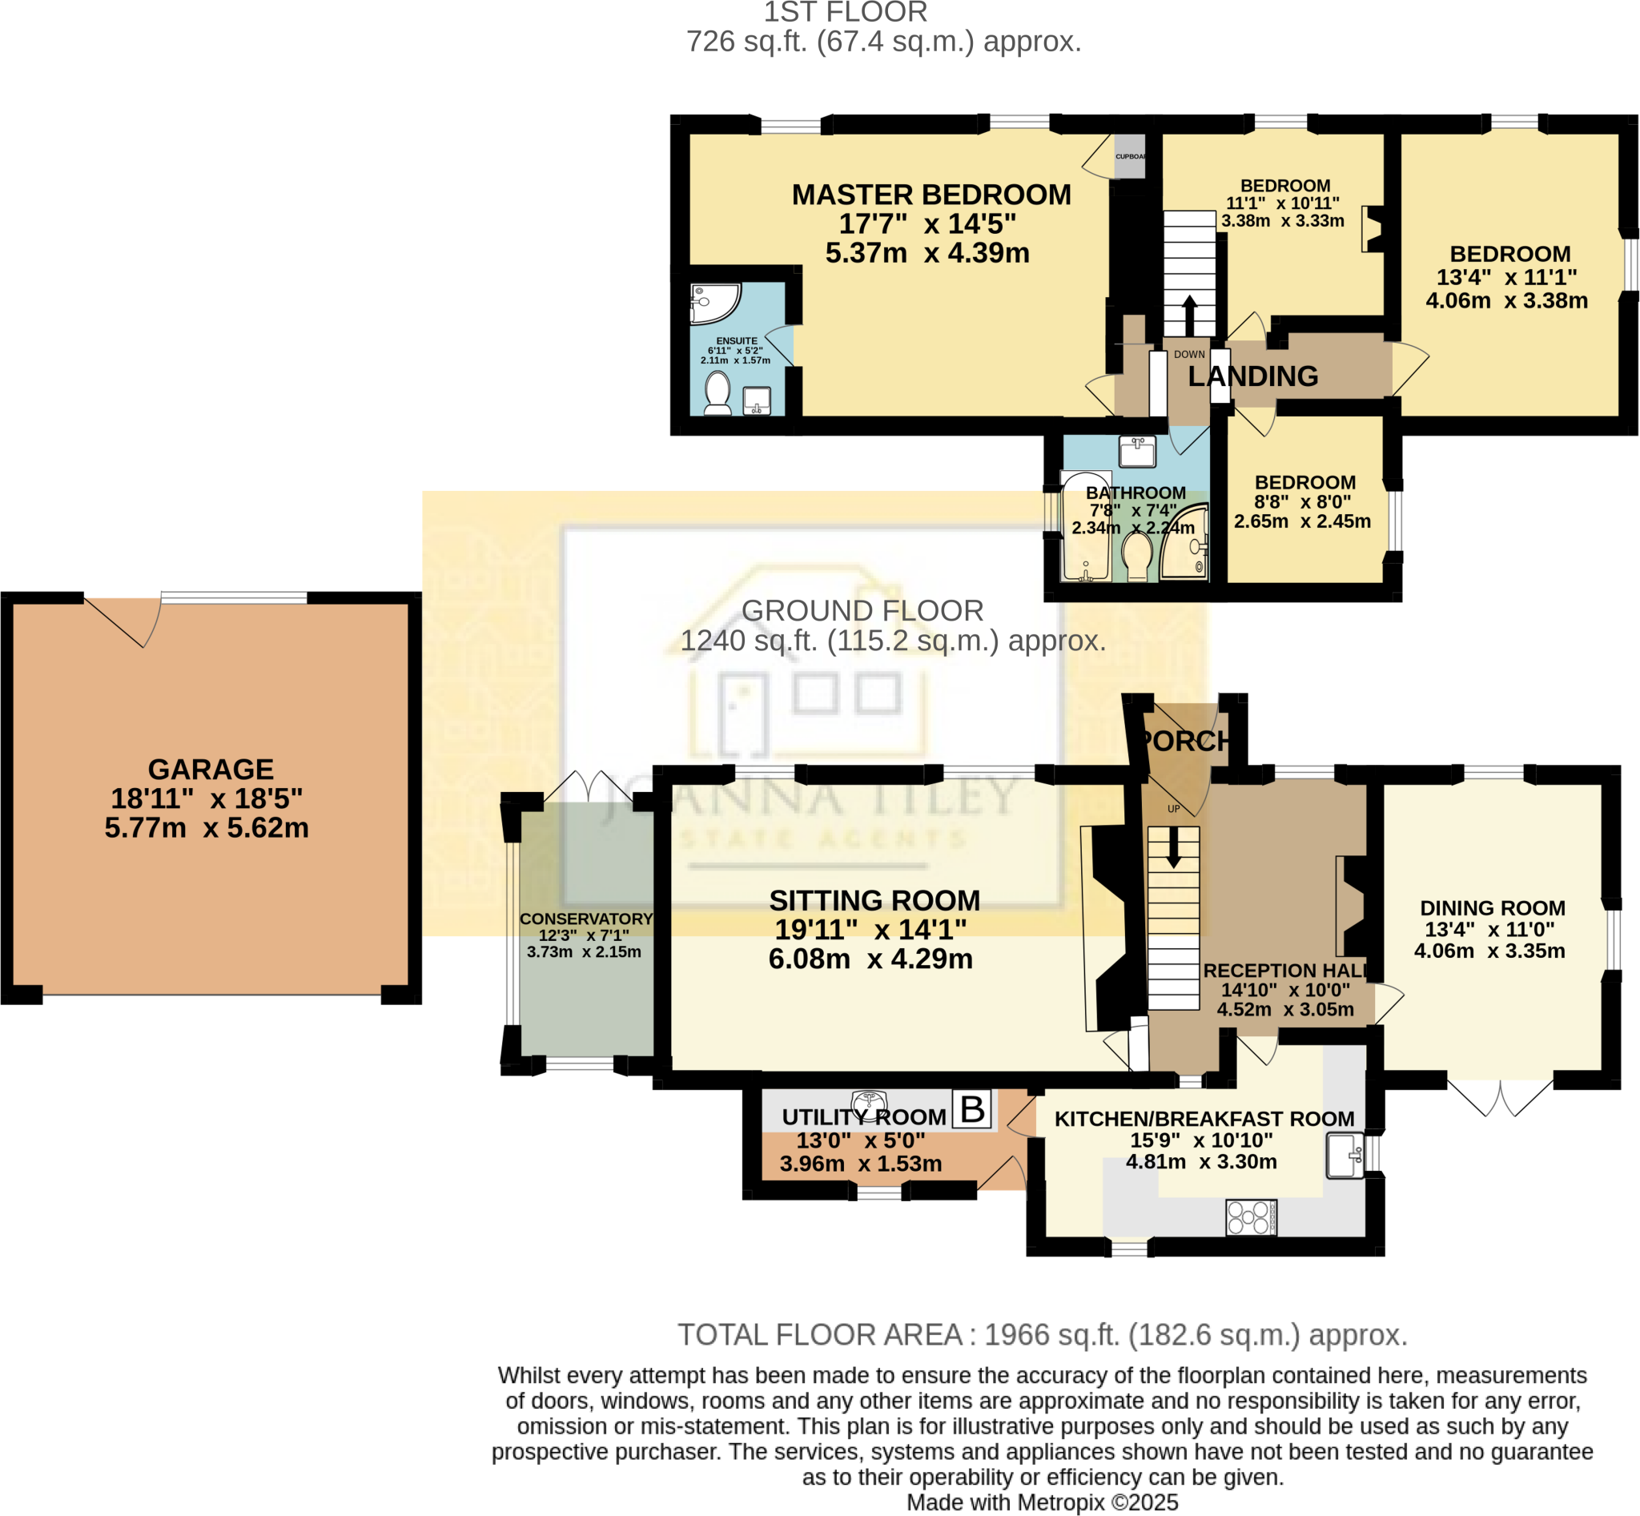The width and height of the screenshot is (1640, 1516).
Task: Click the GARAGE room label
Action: point(211,770)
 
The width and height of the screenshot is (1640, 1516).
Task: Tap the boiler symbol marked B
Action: point(972,1110)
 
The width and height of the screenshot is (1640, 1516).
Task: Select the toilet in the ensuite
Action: point(717,394)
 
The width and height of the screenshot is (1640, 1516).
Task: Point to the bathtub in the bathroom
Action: point(1085,527)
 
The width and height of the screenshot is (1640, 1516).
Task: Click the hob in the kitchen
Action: point(1251,1217)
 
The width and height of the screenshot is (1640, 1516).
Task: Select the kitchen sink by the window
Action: point(1345,1155)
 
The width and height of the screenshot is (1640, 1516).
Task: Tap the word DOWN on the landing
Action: point(1189,355)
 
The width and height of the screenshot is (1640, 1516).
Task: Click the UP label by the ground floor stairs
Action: point(1173,809)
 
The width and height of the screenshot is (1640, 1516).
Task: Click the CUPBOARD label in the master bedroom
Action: point(1130,157)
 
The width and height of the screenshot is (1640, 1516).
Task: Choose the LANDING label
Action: point(1252,376)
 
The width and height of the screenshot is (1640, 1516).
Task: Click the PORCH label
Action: point(1184,742)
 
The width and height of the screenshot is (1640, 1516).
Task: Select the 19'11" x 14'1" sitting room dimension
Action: point(870,930)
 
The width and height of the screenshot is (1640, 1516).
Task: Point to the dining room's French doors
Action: point(1500,1098)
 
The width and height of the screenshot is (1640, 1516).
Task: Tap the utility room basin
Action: point(869,1101)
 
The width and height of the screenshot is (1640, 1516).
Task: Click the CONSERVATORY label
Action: point(586,919)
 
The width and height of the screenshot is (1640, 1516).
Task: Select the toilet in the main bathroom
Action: point(1137,554)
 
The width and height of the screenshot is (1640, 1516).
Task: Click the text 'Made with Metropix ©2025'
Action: point(1042,1502)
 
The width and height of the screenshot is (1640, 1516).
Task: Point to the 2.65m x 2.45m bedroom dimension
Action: point(1302,521)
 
